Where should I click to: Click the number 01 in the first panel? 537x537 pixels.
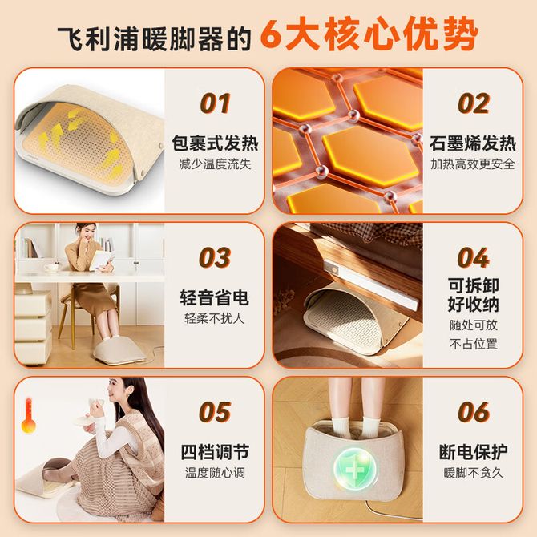pyautogui.click(x=215, y=103)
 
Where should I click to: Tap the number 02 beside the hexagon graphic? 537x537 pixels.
pyautogui.click(x=473, y=103)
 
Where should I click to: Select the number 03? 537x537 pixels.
pyautogui.click(x=215, y=257)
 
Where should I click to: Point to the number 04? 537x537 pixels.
pyautogui.click(x=473, y=257)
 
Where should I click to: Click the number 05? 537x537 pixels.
pyautogui.click(x=215, y=412)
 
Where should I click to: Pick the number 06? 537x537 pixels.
pyautogui.click(x=473, y=412)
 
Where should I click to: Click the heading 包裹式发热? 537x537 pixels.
pyautogui.click(x=215, y=143)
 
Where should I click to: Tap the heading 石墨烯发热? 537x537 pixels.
pyautogui.click(x=473, y=143)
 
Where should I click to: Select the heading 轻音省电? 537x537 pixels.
pyautogui.click(x=215, y=297)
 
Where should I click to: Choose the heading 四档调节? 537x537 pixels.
pyautogui.click(x=215, y=452)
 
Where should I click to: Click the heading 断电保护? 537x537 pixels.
pyautogui.click(x=473, y=452)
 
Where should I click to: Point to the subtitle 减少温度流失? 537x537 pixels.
pyautogui.click(x=215, y=164)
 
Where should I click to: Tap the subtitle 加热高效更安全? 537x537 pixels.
pyautogui.click(x=473, y=164)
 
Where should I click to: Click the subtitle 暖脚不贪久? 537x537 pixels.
pyautogui.click(x=473, y=473)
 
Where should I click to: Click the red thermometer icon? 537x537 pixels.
pyautogui.click(x=28, y=415)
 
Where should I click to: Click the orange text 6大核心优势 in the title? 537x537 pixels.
pyautogui.click(x=369, y=35)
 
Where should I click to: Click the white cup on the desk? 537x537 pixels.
pyautogui.click(x=51, y=267)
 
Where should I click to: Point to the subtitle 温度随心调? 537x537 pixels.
pyautogui.click(x=215, y=473)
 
